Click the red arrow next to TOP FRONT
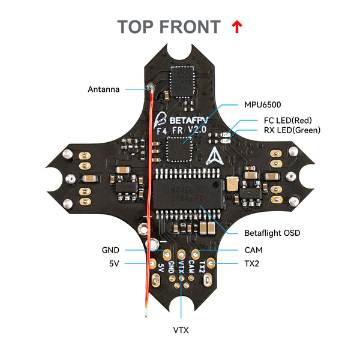(236, 26)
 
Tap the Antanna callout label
(104, 89)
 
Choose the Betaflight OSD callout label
(272, 233)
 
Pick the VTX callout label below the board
(181, 329)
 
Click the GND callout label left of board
(111, 250)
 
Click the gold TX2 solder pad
(211, 263)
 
